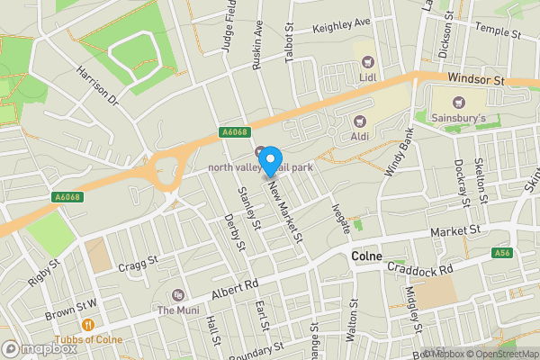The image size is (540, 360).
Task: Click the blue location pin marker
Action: [267, 161]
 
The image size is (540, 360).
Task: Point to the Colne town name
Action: [365, 256]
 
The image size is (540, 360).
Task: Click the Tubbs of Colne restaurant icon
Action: [88, 325]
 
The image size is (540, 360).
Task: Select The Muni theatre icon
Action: [178, 295]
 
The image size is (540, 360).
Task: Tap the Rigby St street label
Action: [42, 271]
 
